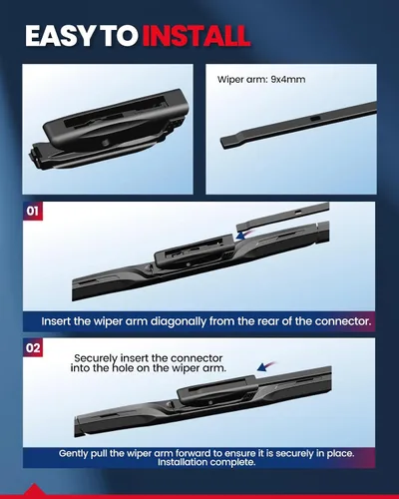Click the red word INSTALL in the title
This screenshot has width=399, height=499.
pos(197,35)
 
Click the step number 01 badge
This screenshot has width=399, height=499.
pos(32,211)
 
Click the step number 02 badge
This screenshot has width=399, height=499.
pos(33,348)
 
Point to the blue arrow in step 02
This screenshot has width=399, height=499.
pos(266,366)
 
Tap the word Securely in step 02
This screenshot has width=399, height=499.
pos(96,358)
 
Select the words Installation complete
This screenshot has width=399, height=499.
pos(206,462)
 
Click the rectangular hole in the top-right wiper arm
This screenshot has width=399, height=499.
pos(315,118)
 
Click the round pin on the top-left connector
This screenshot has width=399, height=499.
pos(106,143)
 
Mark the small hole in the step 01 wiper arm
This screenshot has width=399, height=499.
pos(299,211)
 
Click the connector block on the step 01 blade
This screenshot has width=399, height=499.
pos(194,252)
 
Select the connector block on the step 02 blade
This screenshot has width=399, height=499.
pos(217,391)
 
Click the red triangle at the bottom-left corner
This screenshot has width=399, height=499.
pos(34,491)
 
